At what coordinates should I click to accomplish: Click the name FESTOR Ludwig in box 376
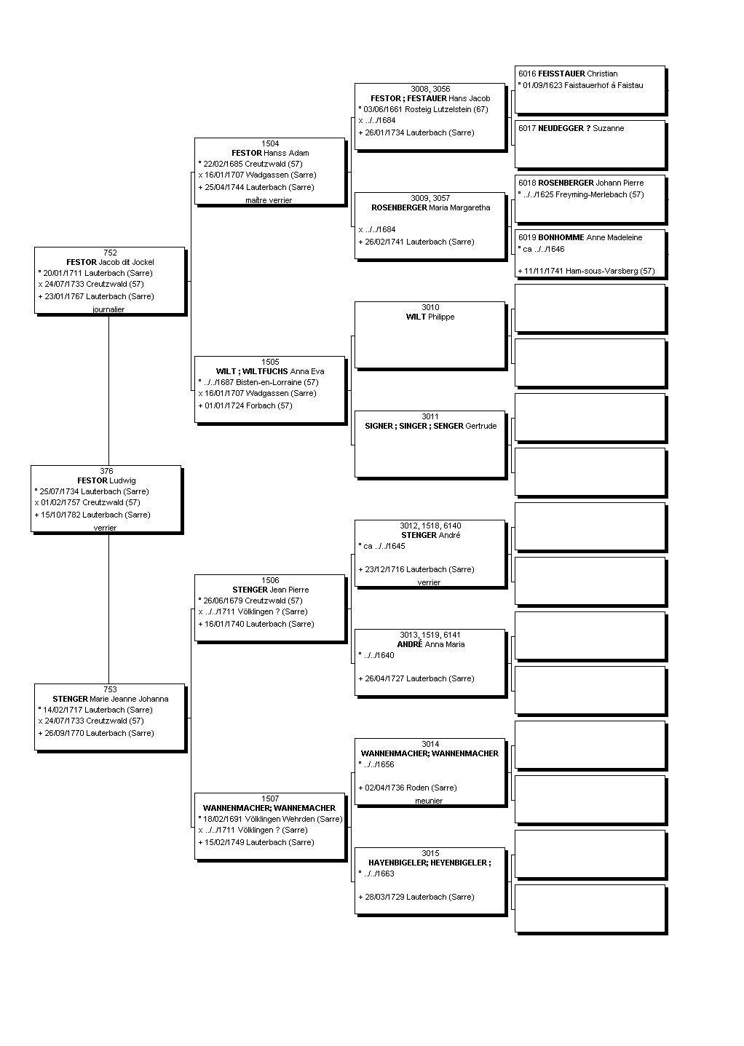[x=106, y=480]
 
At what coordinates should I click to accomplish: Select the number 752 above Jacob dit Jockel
[x=110, y=253]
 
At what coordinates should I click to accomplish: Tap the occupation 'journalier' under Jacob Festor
[x=108, y=309]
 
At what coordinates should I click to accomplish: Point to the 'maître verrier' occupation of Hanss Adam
[x=269, y=200]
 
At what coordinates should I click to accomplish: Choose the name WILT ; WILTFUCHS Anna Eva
[x=270, y=371]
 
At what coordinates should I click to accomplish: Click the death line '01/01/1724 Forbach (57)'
[x=245, y=405]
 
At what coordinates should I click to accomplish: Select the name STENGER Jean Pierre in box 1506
[x=270, y=590]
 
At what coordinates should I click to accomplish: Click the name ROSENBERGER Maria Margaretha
[x=431, y=207]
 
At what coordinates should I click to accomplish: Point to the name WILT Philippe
[x=430, y=317]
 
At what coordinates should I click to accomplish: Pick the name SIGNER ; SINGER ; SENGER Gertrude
[x=431, y=427]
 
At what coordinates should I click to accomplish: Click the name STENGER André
[x=431, y=535]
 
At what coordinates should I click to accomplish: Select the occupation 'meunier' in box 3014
[x=429, y=801]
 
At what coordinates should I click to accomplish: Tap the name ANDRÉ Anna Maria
[x=431, y=644]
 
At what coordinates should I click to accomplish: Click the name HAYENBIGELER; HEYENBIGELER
[x=430, y=863]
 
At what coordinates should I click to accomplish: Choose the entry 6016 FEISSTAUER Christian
[x=568, y=74]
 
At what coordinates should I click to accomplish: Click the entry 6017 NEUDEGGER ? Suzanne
[x=571, y=128]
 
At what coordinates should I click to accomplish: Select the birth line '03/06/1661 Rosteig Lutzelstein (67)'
[x=423, y=109]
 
